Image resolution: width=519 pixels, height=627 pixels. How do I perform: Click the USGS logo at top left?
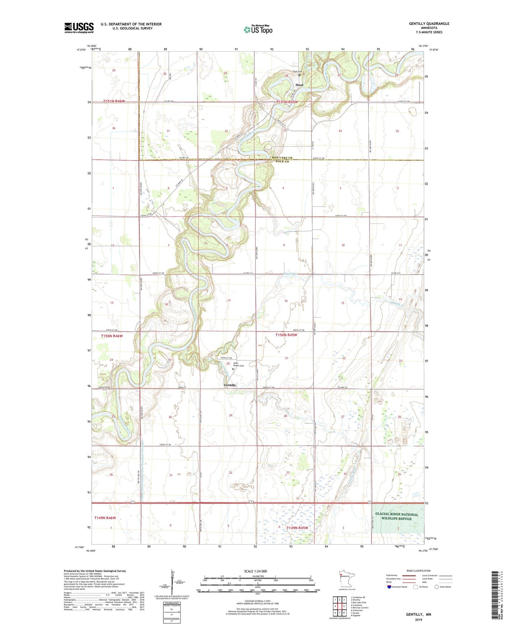(79, 28)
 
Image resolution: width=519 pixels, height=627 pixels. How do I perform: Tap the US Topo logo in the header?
(258, 29)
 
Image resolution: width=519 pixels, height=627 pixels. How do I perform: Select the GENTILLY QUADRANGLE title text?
(429, 24)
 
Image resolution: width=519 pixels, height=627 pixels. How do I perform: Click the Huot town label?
(299, 85)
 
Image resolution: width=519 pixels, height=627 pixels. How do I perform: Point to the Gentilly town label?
(230, 385)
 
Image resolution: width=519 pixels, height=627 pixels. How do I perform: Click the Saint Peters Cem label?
(238, 364)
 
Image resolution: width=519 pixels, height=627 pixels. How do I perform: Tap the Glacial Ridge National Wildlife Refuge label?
(397, 516)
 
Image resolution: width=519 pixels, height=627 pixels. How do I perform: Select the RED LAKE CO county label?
(282, 158)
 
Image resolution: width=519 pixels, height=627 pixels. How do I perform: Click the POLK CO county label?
(282, 162)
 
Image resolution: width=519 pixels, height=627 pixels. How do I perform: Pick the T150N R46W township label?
(112, 336)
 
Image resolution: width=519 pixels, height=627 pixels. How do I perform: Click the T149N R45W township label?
(297, 528)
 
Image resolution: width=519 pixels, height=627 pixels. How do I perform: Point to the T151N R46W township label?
(114, 101)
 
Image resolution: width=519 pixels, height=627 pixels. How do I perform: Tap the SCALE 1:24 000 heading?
(255, 571)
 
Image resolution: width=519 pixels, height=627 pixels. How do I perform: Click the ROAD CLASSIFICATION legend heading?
(418, 571)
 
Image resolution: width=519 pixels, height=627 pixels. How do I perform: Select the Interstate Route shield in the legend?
(390, 587)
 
